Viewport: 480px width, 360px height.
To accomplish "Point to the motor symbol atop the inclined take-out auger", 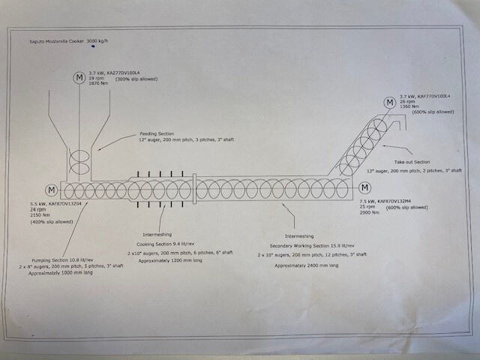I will [x=389, y=103].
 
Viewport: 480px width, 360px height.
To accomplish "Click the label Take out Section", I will [x=410, y=161].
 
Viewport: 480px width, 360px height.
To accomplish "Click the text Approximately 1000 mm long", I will [x=61, y=274].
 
